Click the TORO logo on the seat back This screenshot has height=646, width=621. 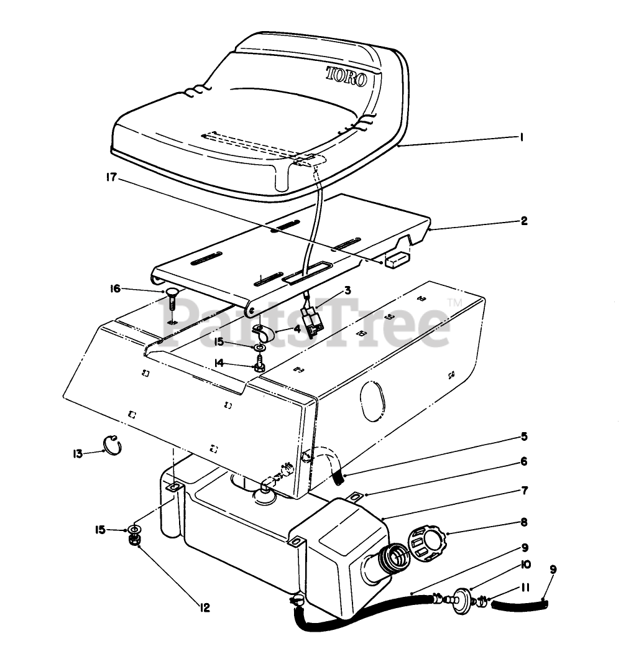(x=346, y=77)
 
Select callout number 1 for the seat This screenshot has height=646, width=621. (x=521, y=138)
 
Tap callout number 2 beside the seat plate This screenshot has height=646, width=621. (x=524, y=221)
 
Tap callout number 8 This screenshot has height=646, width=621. (x=525, y=522)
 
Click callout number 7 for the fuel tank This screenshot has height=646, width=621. (x=524, y=491)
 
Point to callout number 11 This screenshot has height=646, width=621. (x=525, y=586)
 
